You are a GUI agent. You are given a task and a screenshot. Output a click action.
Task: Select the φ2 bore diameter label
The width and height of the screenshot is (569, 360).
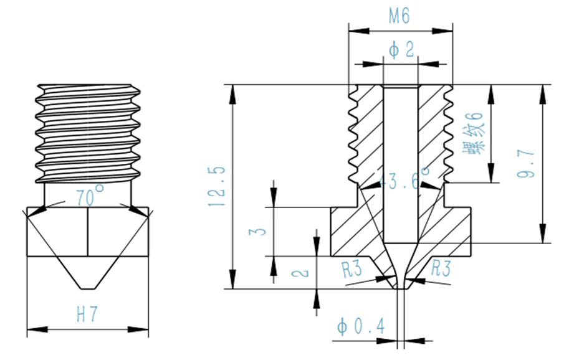click(401, 50)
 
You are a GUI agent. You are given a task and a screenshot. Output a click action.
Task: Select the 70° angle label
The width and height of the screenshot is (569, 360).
click(89, 197)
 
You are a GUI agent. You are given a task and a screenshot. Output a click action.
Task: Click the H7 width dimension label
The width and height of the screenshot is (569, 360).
click(88, 313)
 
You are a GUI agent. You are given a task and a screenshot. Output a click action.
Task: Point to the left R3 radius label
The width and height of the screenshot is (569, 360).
click(352, 268)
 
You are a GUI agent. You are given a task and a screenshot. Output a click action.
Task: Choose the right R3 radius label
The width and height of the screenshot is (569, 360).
click(441, 268)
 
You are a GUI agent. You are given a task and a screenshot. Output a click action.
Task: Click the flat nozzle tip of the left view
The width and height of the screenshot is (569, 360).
click(88, 288)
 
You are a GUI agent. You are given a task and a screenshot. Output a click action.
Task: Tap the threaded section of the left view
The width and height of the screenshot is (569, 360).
click(88, 131)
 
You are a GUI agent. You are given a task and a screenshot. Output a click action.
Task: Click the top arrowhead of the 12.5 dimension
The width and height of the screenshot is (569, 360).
click(233, 90)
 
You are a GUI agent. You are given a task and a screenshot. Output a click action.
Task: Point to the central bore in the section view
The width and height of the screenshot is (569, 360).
click(401, 165)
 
